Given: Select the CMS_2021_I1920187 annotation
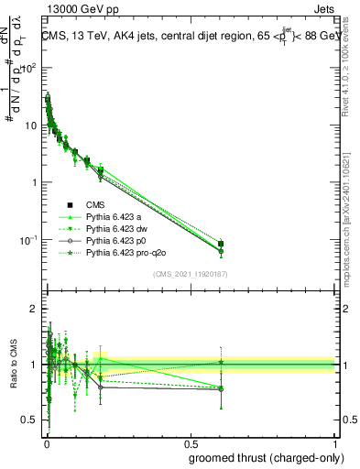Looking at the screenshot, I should point(190,274).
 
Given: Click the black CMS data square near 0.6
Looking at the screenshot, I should point(222,244).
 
